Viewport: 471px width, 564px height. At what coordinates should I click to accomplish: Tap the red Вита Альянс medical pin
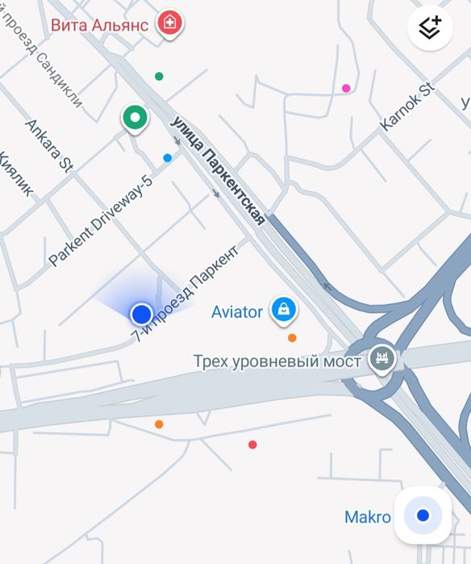pyautogui.click(x=169, y=23)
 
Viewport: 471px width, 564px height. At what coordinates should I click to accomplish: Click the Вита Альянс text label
pyautogui.click(x=99, y=24)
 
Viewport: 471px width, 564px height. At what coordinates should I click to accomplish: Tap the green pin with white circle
pyautogui.click(x=135, y=119)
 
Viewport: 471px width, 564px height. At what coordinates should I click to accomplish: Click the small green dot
pyautogui.click(x=159, y=77)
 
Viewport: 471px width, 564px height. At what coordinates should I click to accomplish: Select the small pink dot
pyautogui.click(x=346, y=89)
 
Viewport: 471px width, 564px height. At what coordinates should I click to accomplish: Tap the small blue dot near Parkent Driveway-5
pyautogui.click(x=168, y=158)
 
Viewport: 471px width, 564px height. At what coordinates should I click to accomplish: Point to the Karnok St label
pyautogui.click(x=406, y=107)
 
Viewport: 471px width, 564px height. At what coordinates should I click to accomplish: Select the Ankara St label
pyautogui.click(x=49, y=146)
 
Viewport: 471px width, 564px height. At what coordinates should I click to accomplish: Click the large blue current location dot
pyautogui.click(x=142, y=313)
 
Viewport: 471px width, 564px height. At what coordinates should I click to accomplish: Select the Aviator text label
pyautogui.click(x=237, y=311)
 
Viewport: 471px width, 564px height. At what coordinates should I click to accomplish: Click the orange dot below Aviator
pyautogui.click(x=292, y=338)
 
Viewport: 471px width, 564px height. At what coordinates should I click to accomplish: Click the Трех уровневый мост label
pyautogui.click(x=277, y=361)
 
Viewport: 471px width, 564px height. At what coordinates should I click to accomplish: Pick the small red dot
pyautogui.click(x=252, y=445)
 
